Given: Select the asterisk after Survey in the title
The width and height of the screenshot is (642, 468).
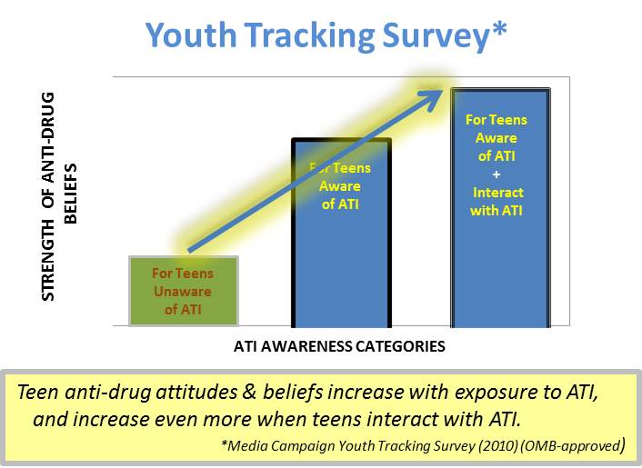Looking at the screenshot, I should [498, 31].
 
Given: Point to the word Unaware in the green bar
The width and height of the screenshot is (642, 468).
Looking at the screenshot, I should [183, 291].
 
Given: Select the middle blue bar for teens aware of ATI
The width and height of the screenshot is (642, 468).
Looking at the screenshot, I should [341, 245].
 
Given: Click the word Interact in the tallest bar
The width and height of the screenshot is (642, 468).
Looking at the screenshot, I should [497, 194].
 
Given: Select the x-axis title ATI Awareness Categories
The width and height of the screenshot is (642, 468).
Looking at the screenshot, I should [339, 346].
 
